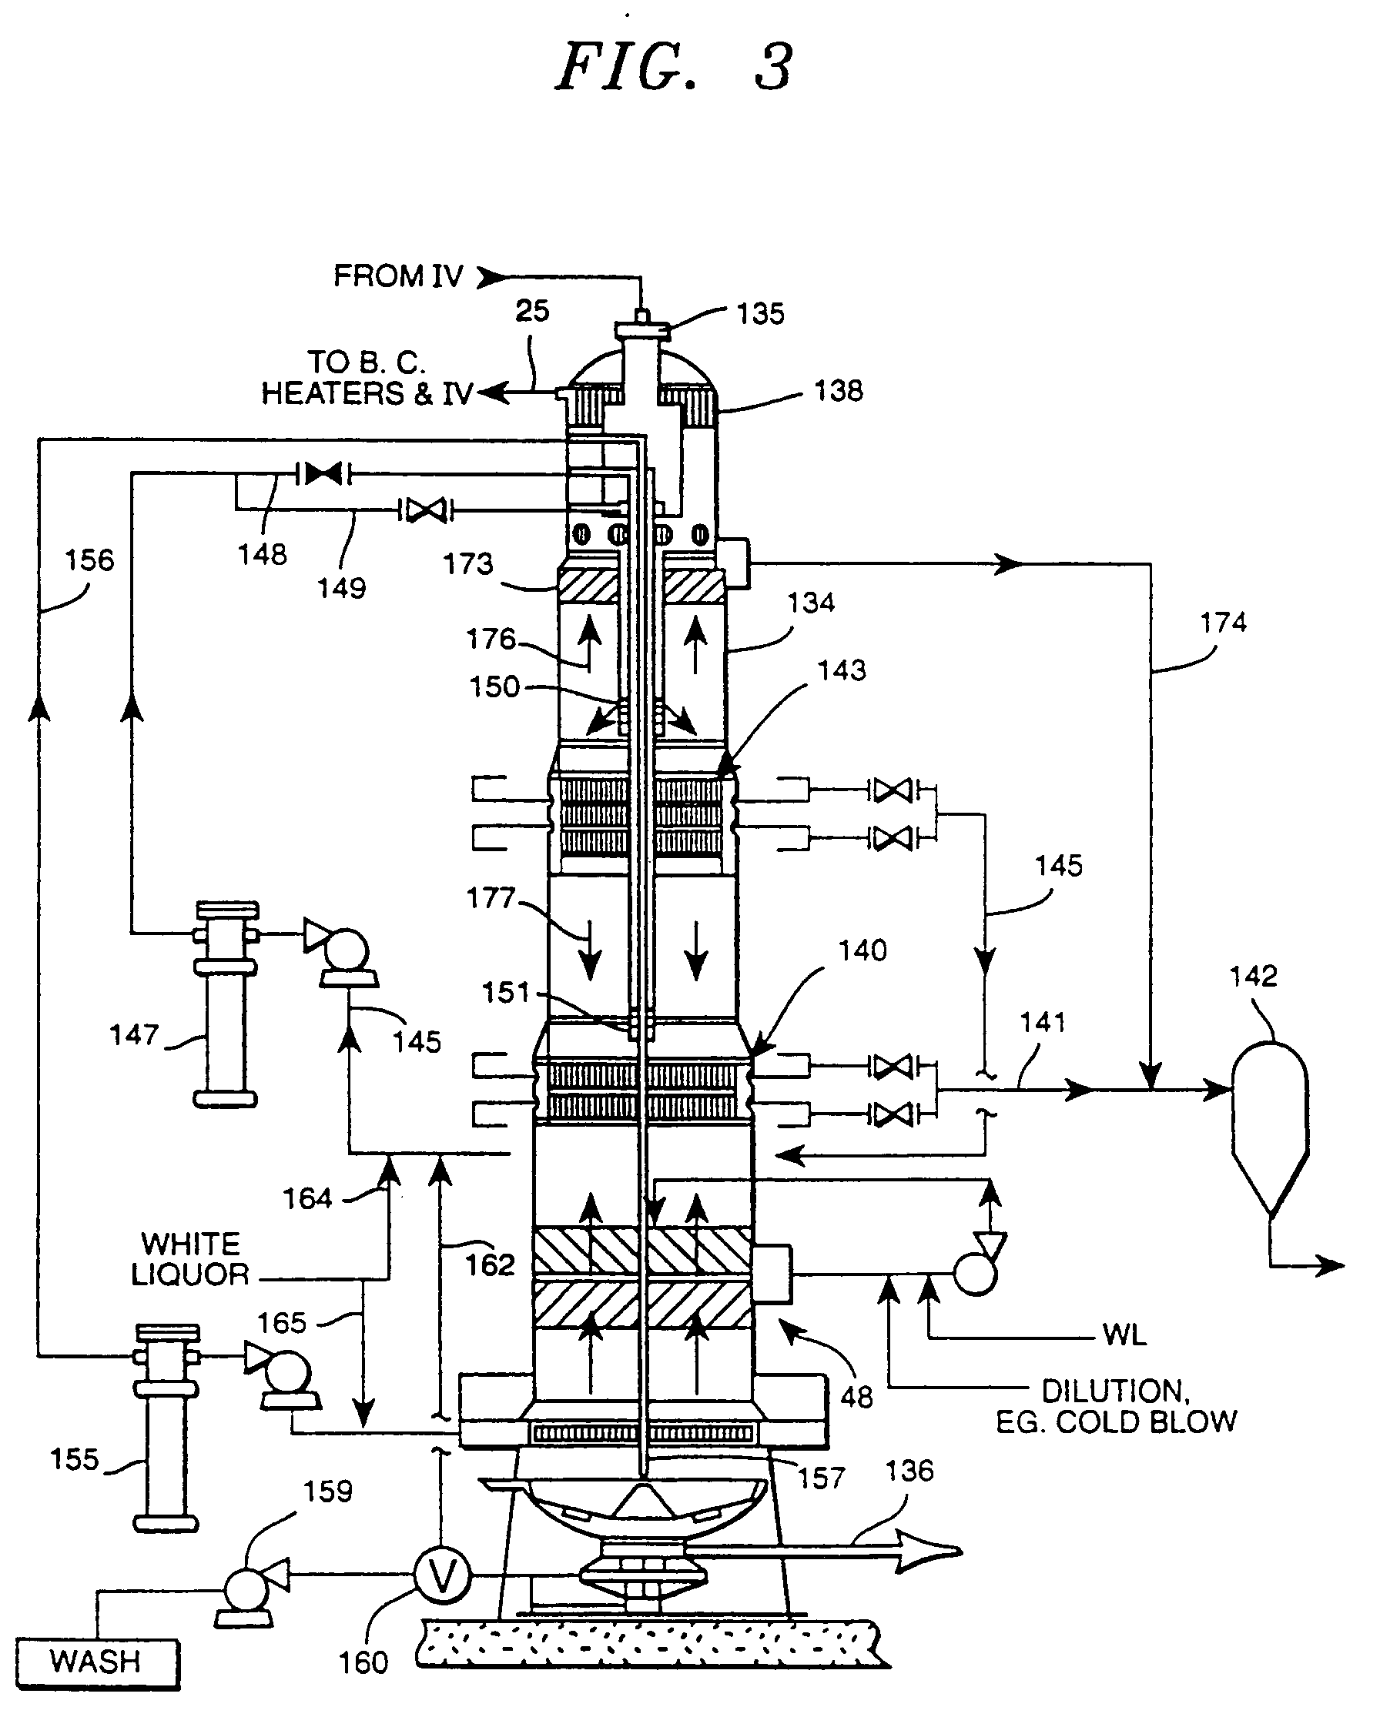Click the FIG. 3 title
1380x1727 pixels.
674,67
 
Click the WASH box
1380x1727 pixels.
96,1662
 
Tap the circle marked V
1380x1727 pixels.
441,1575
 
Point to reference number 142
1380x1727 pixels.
1253,976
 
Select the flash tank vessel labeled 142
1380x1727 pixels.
1269,1121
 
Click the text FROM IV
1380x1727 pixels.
398,276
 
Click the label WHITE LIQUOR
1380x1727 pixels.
191,1259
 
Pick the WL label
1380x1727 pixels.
1124,1334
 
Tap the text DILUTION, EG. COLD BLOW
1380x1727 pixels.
1117,1406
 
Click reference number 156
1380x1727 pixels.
89,560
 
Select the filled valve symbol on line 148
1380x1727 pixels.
323,473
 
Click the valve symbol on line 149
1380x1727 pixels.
426,509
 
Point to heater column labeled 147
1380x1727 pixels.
225,1005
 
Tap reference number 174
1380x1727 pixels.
1223,623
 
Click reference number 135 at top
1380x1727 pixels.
760,314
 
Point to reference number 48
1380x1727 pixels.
856,1397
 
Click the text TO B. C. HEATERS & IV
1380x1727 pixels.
367,378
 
